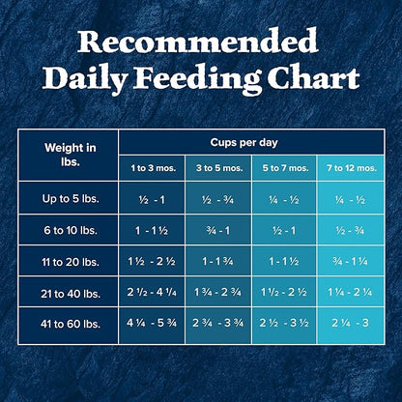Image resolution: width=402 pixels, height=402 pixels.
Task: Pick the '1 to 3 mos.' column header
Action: point(151,167)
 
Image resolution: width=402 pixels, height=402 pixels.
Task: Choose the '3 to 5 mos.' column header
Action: point(217,167)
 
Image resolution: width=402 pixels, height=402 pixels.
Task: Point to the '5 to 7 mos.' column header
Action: point(284,167)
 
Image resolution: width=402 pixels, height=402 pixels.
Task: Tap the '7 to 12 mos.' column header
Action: point(349,167)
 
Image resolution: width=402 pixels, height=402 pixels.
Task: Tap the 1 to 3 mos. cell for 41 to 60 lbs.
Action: point(151,324)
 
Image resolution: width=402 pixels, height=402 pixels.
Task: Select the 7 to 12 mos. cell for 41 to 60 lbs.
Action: point(349,324)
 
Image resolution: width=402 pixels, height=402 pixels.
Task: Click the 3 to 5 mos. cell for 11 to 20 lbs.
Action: point(217,262)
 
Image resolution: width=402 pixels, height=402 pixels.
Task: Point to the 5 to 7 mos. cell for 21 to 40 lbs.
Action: point(284,293)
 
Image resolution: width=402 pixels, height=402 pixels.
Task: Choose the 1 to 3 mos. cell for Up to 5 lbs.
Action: point(151,199)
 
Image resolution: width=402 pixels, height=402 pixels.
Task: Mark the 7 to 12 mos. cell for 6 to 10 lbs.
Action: point(349,231)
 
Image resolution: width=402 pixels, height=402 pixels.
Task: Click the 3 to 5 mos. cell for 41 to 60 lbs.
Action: point(217,324)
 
